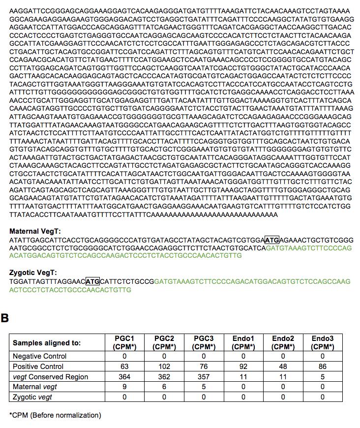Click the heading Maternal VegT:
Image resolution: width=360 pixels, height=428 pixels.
[x=34, y=231]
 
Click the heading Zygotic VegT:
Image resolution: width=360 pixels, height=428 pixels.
[x=33, y=273]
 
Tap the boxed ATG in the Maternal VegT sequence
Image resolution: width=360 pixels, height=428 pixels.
[x=271, y=240]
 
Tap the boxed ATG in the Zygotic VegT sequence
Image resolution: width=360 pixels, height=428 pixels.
[x=92, y=281]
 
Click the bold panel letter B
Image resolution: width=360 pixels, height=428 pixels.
[x=5, y=318]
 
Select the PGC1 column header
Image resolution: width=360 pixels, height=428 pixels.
[x=124, y=342]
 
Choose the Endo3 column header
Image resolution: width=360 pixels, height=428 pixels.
[x=323, y=342]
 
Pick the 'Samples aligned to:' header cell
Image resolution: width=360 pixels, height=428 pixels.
[x=47, y=343]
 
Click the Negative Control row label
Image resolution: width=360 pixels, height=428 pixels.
[x=39, y=356]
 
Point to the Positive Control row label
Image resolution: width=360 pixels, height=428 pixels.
[x=38, y=367]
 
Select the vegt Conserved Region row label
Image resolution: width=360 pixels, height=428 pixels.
[x=50, y=377]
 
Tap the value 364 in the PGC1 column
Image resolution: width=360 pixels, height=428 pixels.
[x=124, y=377]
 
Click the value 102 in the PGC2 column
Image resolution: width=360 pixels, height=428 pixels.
[x=164, y=367]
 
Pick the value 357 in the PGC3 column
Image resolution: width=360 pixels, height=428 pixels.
[x=204, y=377]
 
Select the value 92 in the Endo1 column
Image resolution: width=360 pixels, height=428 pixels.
[x=243, y=367]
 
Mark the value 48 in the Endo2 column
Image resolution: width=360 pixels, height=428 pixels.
[x=283, y=367]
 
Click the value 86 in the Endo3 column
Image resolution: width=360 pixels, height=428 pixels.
[x=323, y=367]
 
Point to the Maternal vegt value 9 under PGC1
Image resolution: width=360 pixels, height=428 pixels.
[x=124, y=387]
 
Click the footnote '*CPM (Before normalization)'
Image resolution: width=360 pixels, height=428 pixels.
[x=55, y=415]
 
